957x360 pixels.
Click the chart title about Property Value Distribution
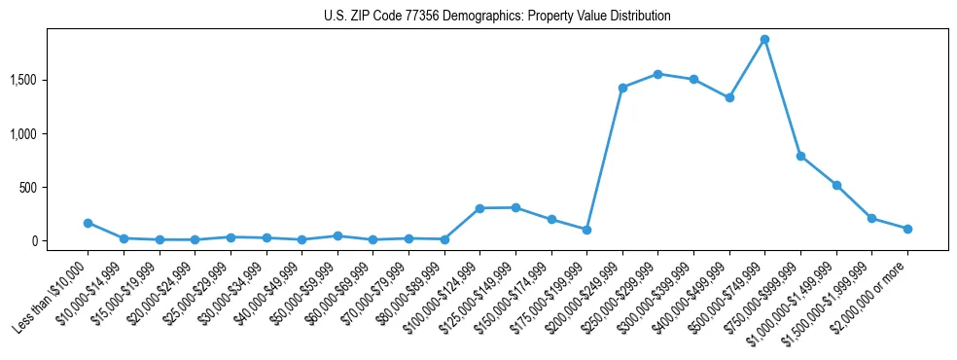[497, 17]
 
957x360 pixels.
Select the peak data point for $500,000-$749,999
[764, 40]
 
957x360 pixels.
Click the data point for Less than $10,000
[88, 223]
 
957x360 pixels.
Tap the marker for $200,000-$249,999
[622, 88]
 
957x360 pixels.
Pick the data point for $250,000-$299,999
[657, 74]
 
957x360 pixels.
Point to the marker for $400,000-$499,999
[729, 97]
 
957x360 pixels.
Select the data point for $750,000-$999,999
[800, 156]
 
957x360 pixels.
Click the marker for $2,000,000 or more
[907, 229]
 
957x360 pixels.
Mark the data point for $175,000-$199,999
[586, 230]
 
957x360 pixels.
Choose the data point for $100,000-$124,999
[479, 208]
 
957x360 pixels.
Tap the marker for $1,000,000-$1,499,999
[836, 185]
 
